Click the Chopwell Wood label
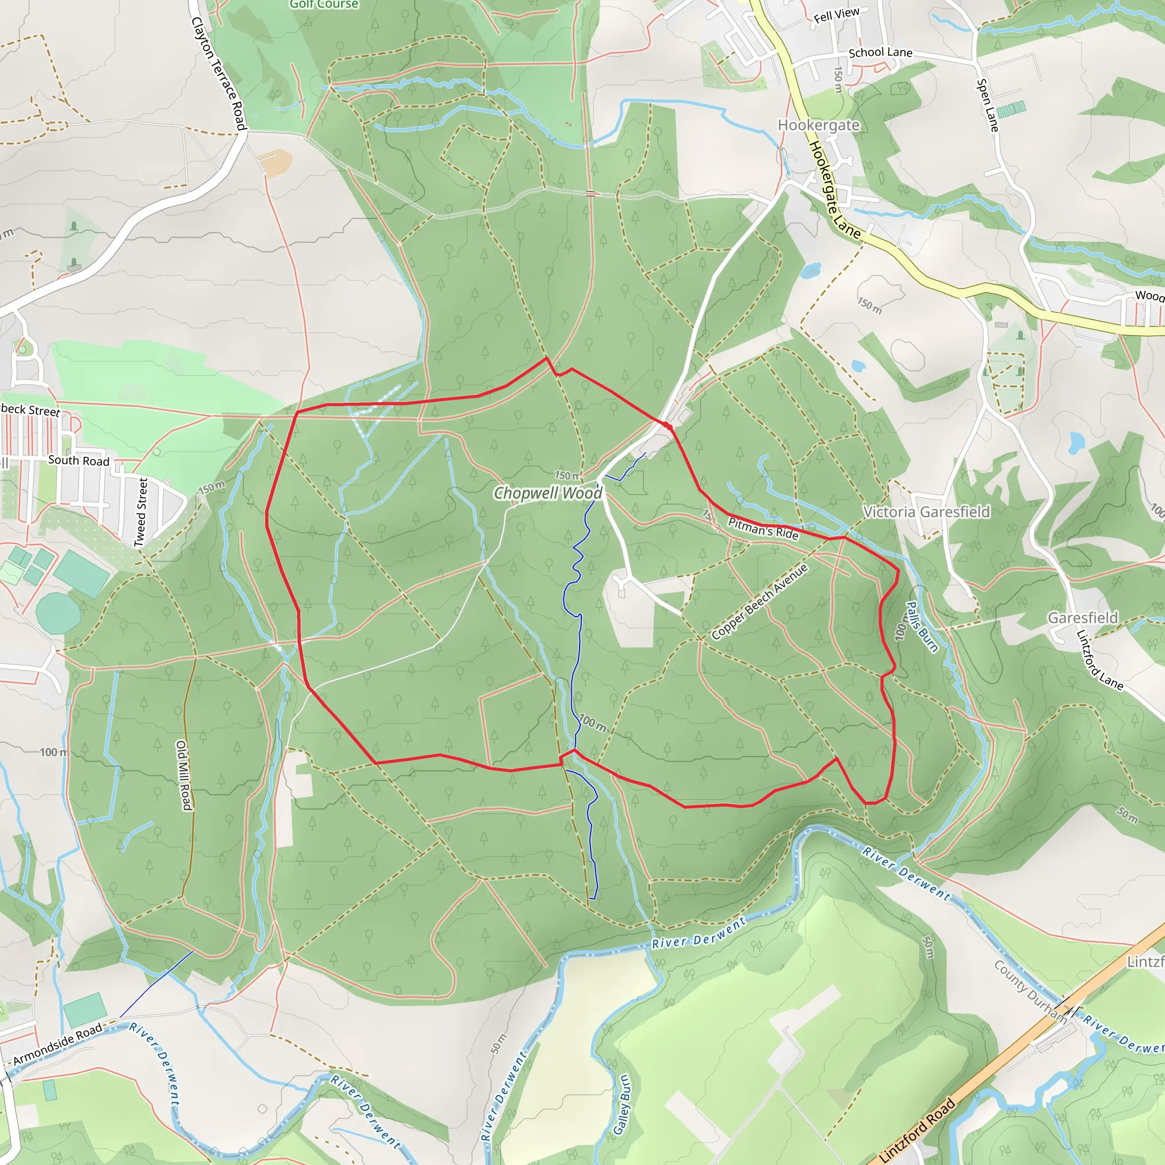[x=548, y=493]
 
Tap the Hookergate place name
[x=818, y=125]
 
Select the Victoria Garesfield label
[x=926, y=512]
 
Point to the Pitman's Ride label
[x=763, y=528]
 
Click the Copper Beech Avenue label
[x=759, y=601]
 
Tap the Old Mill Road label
[x=183, y=775]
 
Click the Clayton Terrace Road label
[x=218, y=73]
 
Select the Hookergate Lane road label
[x=834, y=189]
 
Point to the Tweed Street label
[x=141, y=512]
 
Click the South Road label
[x=79, y=461]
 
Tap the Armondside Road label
[x=58, y=1044]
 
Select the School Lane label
[x=881, y=53]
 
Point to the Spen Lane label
[x=988, y=106]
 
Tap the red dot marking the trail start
[x=669, y=426]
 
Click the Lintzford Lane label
[x=1099, y=660]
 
